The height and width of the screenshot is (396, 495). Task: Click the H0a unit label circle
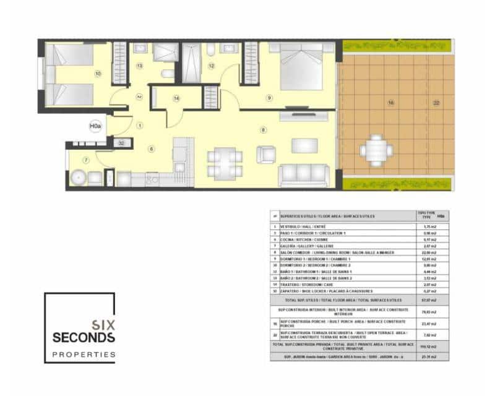(95, 127)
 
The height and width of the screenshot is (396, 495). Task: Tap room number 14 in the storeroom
(176, 98)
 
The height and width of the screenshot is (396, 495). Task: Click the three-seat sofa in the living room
(303, 174)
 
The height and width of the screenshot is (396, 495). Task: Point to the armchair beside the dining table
(266, 153)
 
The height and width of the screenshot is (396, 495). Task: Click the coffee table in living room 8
(304, 145)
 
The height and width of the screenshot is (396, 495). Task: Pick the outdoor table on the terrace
(376, 149)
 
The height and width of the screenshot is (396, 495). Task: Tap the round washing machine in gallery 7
(78, 178)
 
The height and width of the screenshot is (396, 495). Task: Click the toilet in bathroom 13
(166, 75)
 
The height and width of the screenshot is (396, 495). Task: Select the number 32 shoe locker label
(122, 143)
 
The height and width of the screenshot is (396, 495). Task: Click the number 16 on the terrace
(390, 103)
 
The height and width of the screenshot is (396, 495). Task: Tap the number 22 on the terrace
(436, 103)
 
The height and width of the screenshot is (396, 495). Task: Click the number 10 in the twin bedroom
(98, 74)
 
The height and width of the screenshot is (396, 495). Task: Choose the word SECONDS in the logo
(84, 337)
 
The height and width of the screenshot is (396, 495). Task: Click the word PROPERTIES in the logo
(84, 355)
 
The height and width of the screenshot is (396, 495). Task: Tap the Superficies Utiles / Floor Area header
(328, 216)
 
